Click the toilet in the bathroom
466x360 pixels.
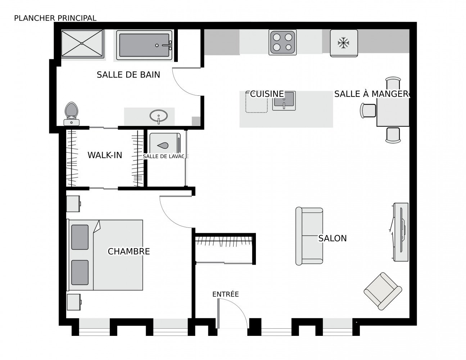pyautogui.click(x=71, y=114)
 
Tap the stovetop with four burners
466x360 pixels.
pyautogui.click(x=282, y=42)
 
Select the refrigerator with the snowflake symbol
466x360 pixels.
pyautogui.click(x=344, y=43)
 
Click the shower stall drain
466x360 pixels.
pyautogui.click(x=82, y=44)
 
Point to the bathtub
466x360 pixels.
pyautogui.click(x=144, y=45)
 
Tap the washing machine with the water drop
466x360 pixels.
pyautogui.click(x=165, y=143)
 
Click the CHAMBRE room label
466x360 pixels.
pyautogui.click(x=129, y=251)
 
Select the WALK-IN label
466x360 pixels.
pyautogui.click(x=105, y=155)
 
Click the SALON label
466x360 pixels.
pyautogui.click(x=332, y=238)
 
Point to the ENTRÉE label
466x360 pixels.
pyautogui.click(x=226, y=294)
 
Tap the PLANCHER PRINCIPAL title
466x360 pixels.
pyautogui.click(x=55, y=18)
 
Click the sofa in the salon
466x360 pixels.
pyautogui.click(x=309, y=236)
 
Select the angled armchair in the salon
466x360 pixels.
pyautogui.click(x=383, y=291)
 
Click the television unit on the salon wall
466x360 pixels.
pyautogui.click(x=400, y=232)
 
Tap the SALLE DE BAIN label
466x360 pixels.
pyautogui.click(x=128, y=75)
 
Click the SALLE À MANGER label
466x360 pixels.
pyautogui.click(x=371, y=94)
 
